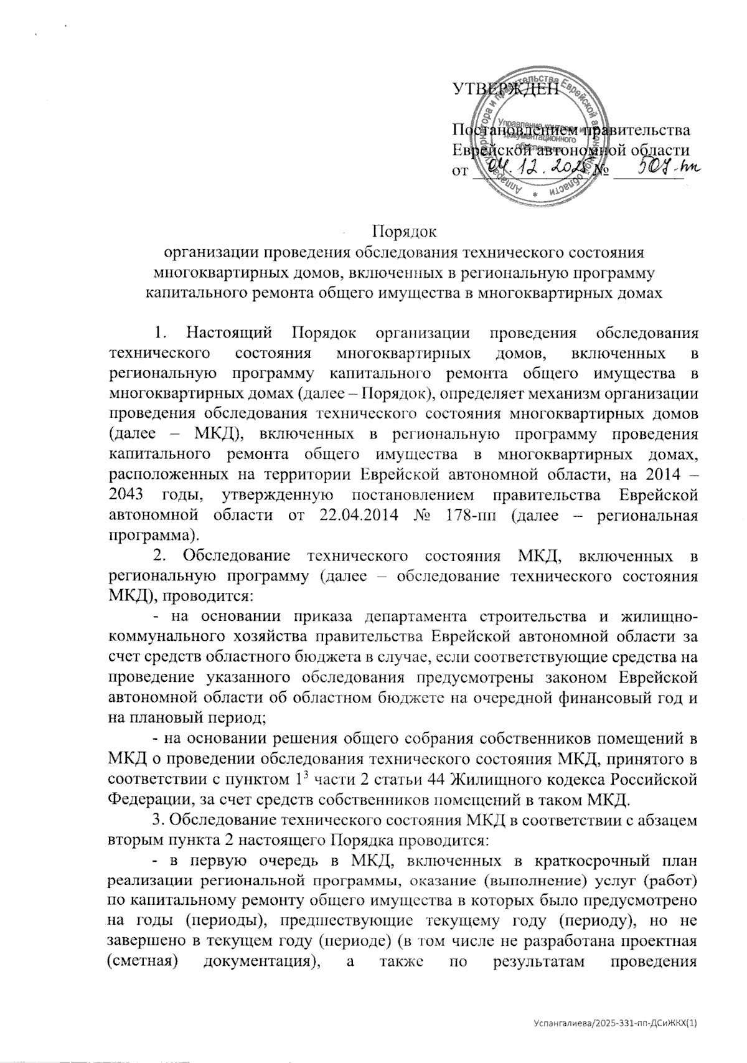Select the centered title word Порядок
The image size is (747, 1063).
(404, 233)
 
